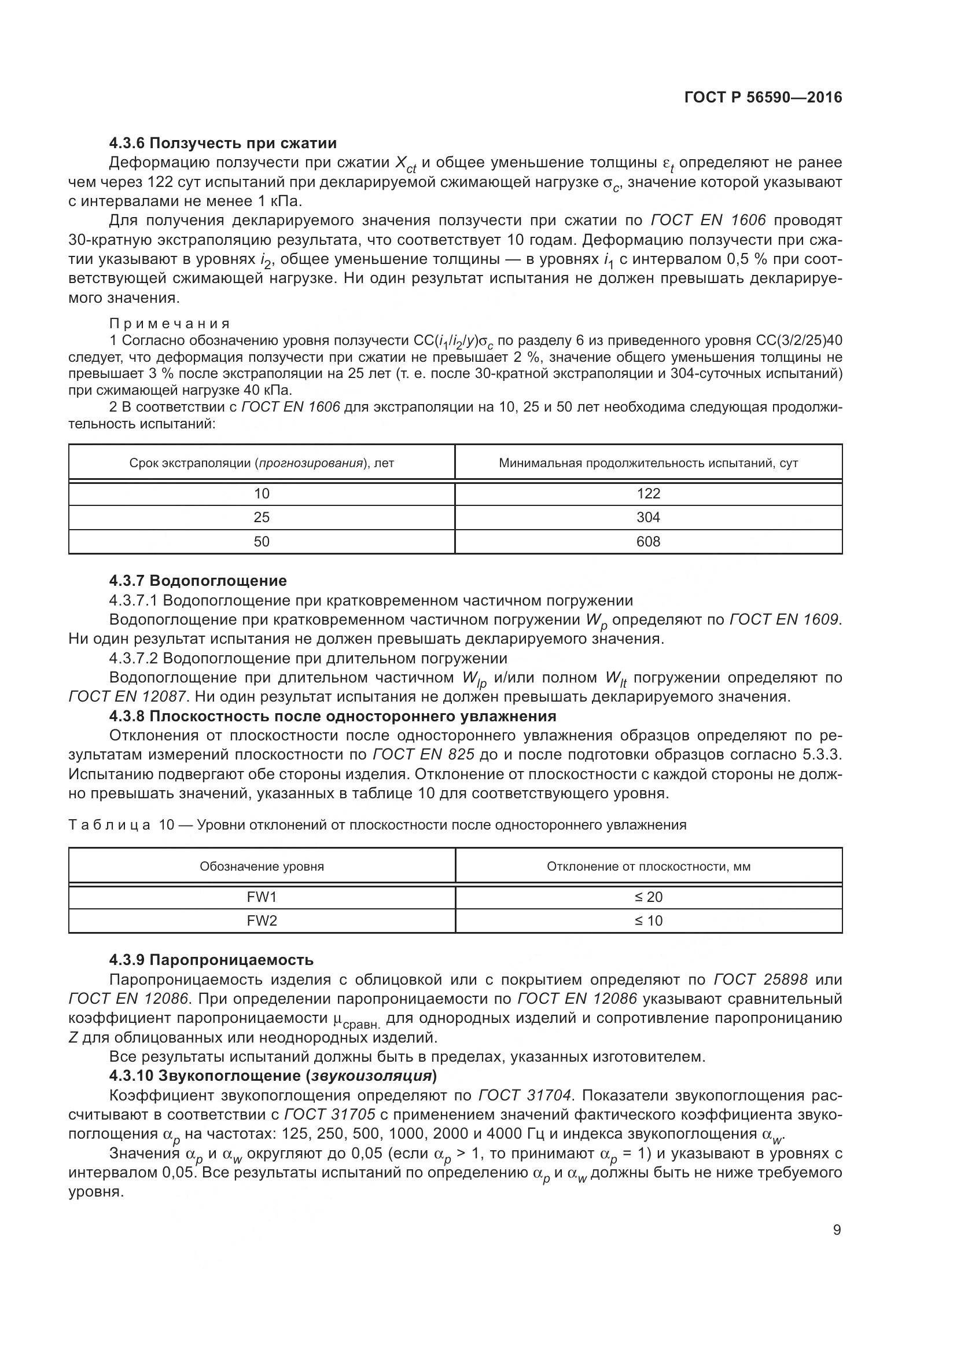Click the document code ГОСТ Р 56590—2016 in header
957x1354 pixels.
point(763,98)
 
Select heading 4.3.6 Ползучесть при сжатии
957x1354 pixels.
point(223,144)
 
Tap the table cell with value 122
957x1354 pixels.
point(648,494)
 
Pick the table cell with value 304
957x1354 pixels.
point(648,517)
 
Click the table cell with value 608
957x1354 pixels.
point(648,541)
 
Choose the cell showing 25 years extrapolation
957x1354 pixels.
point(262,517)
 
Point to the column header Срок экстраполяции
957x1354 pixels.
point(262,463)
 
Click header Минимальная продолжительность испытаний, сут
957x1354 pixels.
point(648,463)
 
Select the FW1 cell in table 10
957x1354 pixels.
point(262,897)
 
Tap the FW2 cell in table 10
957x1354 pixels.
point(262,920)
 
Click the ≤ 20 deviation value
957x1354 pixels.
point(648,897)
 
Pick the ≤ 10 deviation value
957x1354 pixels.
point(648,920)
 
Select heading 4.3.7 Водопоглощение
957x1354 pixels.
point(198,581)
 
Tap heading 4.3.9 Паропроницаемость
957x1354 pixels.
point(211,960)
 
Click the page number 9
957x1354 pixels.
point(837,1230)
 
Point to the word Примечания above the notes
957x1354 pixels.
point(170,324)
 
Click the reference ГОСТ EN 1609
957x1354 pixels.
point(784,620)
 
